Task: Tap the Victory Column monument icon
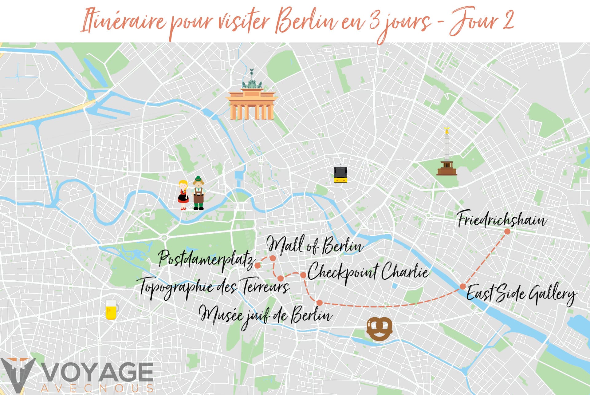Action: (x=447, y=154)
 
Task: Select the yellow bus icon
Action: (x=340, y=175)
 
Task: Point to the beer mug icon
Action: (x=111, y=310)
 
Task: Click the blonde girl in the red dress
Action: (x=183, y=195)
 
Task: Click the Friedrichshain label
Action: (x=502, y=219)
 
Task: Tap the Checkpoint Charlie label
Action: (x=368, y=272)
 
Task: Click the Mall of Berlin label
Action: (x=315, y=246)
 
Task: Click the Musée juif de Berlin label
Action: (x=266, y=315)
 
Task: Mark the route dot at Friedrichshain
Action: (x=507, y=231)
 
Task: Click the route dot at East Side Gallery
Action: (x=462, y=286)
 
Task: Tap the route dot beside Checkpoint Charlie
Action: (x=303, y=275)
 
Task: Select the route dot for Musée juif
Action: (x=320, y=303)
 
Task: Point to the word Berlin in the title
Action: (x=307, y=22)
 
